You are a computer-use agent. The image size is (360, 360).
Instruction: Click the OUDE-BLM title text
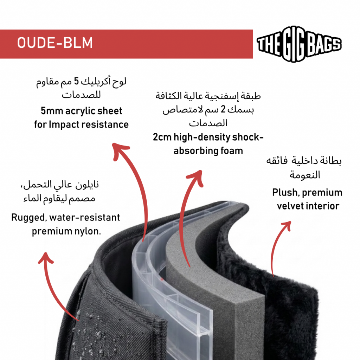[x=55, y=43]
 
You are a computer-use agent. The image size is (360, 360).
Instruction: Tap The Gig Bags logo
[x=299, y=44]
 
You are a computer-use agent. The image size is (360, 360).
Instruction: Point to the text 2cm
[x=162, y=137]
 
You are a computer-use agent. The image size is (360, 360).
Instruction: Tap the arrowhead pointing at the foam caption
[x=195, y=178]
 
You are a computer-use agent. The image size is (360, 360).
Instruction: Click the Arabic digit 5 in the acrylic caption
[x=76, y=82]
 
